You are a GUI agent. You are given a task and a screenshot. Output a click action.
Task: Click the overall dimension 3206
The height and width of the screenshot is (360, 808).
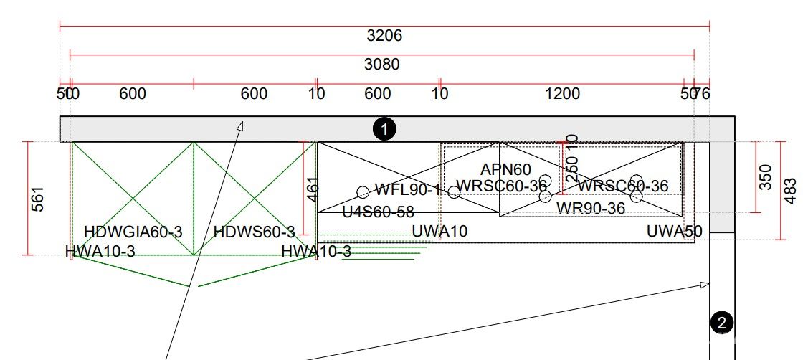point(384,36)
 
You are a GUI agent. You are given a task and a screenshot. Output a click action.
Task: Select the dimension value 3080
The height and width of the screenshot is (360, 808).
point(381,65)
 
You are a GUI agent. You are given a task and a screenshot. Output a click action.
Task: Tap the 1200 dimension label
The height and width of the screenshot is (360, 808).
point(562,94)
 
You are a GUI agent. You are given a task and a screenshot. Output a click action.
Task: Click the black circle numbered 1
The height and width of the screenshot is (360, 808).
point(385,130)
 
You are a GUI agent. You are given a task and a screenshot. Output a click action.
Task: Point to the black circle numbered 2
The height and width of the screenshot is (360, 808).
point(722,323)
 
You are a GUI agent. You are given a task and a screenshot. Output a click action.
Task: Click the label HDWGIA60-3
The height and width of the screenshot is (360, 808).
point(133,232)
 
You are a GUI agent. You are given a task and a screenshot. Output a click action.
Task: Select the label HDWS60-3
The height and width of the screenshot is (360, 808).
point(254,232)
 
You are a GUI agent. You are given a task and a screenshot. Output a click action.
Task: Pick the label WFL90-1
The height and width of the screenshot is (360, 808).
point(407,190)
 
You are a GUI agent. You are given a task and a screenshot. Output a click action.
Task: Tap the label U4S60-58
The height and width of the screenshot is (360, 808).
point(378,212)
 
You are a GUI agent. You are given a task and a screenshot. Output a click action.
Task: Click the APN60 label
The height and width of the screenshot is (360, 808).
point(505,170)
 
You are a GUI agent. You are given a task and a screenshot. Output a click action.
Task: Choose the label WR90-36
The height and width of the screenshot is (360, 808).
point(591,209)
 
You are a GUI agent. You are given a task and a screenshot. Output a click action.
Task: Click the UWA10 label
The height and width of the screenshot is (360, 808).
point(439,231)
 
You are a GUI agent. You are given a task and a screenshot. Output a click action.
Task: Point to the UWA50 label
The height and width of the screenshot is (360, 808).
point(674,231)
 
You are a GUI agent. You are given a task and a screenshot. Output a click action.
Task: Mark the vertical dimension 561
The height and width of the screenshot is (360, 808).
point(38,199)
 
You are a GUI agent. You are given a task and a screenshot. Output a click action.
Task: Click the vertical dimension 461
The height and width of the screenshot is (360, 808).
point(313,189)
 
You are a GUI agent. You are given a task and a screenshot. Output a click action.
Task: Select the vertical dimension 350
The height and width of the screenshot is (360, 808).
point(766,177)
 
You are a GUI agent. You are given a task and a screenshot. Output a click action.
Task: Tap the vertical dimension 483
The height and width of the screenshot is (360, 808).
point(790,191)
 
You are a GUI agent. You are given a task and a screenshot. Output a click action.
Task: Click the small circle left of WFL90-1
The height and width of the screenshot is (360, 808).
point(363,191)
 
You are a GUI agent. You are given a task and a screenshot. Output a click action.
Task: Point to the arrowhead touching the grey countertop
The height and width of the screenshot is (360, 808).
point(241,126)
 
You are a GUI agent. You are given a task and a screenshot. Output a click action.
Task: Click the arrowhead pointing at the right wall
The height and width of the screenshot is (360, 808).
point(705,285)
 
